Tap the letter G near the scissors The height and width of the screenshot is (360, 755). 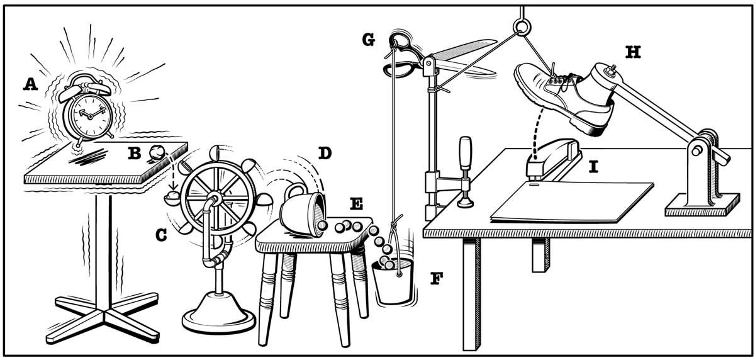369,40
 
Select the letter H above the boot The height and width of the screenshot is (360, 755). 632,52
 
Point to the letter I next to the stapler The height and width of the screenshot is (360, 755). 593,167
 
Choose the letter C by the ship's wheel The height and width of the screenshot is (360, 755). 162,235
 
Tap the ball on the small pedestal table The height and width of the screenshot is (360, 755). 155,152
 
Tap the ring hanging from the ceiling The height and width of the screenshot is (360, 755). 522,27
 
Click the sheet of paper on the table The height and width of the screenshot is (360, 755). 573,201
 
